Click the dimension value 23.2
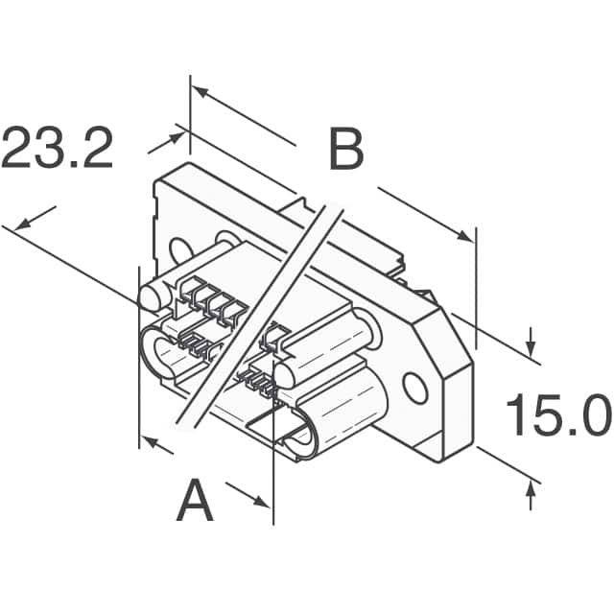[58, 147]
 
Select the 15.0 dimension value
[557, 416]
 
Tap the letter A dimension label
[195, 502]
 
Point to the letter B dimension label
[345, 151]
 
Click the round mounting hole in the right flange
[414, 388]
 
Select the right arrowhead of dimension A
[265, 501]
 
